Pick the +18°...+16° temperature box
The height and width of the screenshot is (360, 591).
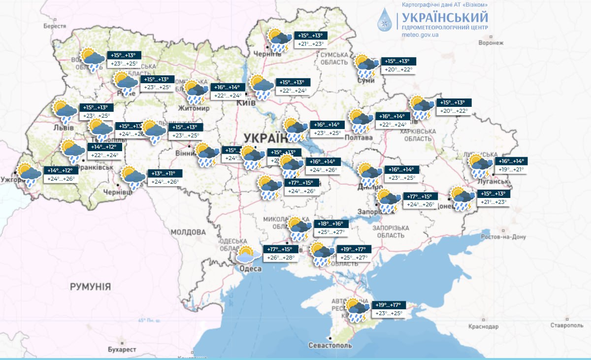[x=331, y=224]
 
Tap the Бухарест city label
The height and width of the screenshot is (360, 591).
[x=121, y=349]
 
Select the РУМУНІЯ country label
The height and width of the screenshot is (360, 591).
[x=90, y=287]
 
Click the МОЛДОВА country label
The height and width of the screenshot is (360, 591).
[x=188, y=232]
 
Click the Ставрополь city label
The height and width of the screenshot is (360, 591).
[x=567, y=326]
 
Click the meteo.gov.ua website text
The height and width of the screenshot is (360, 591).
[x=420, y=35]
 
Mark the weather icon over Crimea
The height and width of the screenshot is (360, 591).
[x=358, y=309]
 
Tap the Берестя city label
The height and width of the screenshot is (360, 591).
[x=54, y=26]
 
